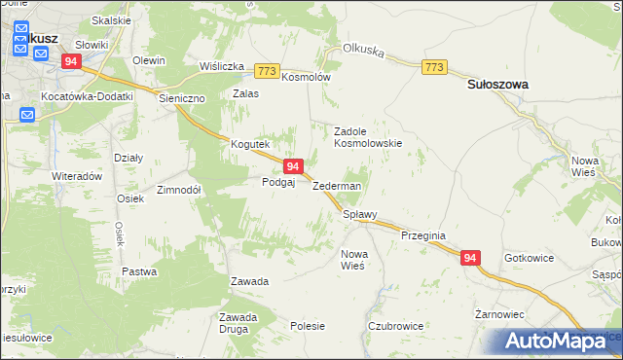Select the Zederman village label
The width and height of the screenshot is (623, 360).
coord(337,186)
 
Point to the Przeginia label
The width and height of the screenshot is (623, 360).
coord(422,235)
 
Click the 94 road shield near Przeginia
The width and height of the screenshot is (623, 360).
coord(470,258)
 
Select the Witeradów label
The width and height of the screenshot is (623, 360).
coord(77,176)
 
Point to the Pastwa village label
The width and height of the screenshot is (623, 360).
coord(138,271)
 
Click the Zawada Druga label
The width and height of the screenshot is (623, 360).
coord(238,323)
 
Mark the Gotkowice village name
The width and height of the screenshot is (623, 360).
coord(530,259)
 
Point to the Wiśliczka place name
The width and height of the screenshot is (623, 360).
coord(221,66)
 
